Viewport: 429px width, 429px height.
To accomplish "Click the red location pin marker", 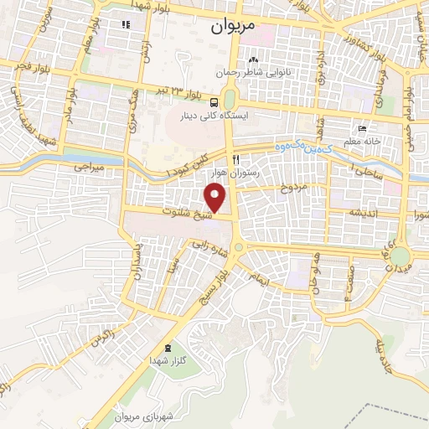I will tap(215, 198).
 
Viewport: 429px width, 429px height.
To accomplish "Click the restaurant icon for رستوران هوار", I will tap(236, 159).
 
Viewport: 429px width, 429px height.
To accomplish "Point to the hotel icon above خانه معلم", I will tap(362, 129).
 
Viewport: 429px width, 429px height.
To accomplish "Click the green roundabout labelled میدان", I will tap(401, 255).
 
